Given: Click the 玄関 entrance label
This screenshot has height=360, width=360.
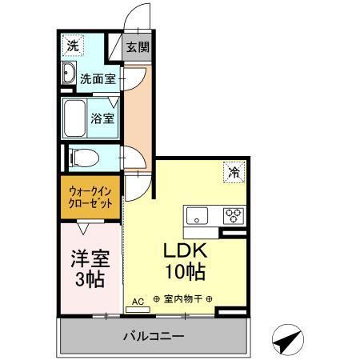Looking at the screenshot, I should tap(138, 47).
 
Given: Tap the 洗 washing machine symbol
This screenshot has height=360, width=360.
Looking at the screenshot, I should tap(73, 46).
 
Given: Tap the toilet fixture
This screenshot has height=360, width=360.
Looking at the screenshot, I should tap(80, 157).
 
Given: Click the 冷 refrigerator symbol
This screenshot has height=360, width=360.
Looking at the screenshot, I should tap(234, 171).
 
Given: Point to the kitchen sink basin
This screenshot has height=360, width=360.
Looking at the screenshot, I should tap(197, 215).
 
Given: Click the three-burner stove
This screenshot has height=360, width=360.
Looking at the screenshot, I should tap(234, 215).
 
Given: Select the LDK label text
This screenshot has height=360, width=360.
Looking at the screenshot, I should tap(185, 249).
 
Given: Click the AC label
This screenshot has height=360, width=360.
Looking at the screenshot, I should tap(137, 302).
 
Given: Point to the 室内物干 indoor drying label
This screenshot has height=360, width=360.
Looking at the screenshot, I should tap(182, 301).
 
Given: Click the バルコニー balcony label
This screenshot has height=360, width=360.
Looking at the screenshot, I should tap(153, 336).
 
